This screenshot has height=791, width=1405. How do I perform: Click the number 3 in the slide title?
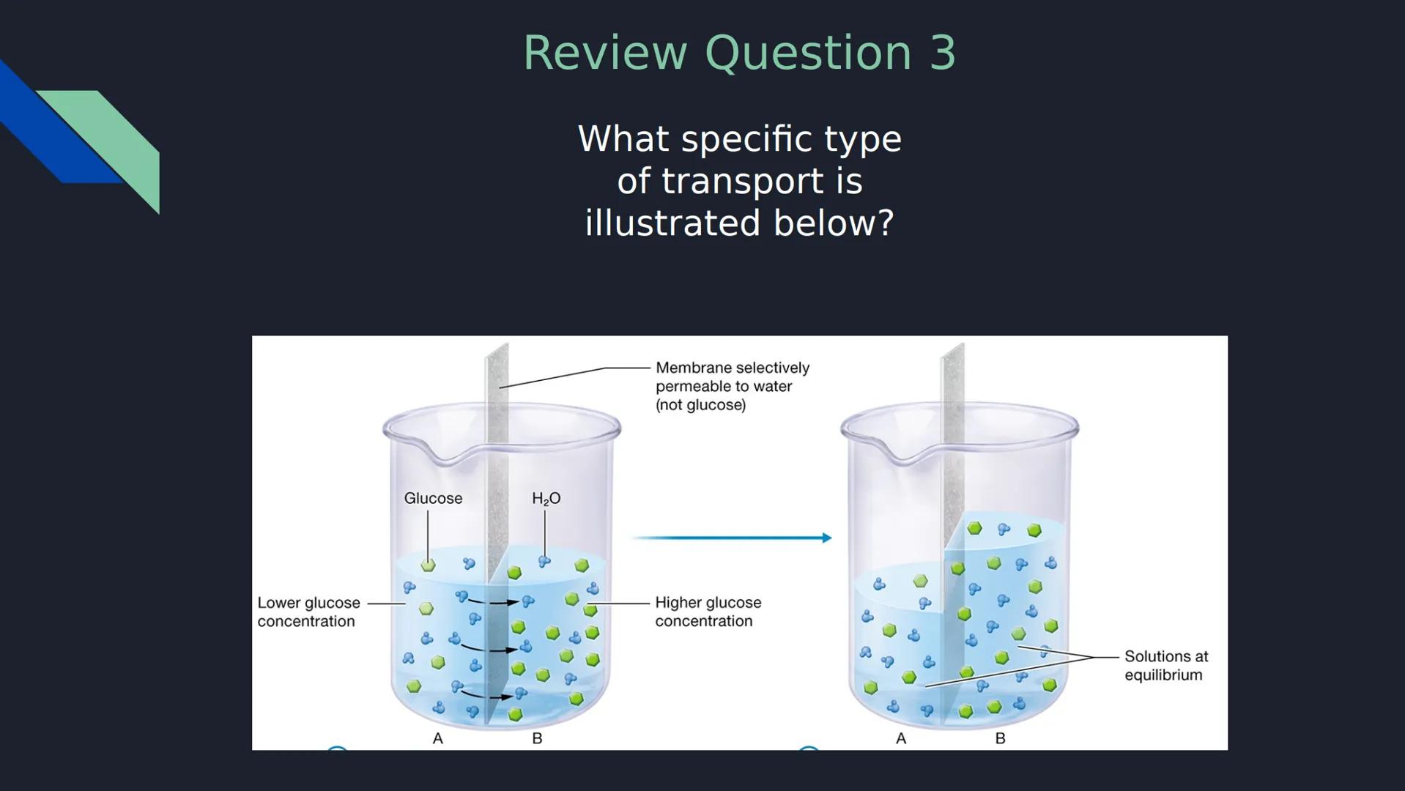point(942,53)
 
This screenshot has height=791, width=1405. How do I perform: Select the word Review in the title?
point(604,53)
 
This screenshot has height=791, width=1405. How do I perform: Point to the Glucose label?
point(433,499)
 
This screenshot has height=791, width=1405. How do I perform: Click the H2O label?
point(546,499)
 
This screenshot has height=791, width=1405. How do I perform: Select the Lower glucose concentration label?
point(308,612)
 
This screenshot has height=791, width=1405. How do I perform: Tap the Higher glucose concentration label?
point(708,612)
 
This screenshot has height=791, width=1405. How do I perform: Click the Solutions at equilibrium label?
point(1165,666)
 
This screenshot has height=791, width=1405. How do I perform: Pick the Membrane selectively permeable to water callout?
point(732,386)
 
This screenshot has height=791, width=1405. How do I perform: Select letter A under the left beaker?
point(437,738)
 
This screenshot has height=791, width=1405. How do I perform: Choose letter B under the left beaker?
point(537,738)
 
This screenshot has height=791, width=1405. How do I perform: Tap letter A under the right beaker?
point(901,738)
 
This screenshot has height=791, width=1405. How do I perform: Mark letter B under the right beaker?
point(1000,738)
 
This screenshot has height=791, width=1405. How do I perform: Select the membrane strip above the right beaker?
point(952,388)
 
